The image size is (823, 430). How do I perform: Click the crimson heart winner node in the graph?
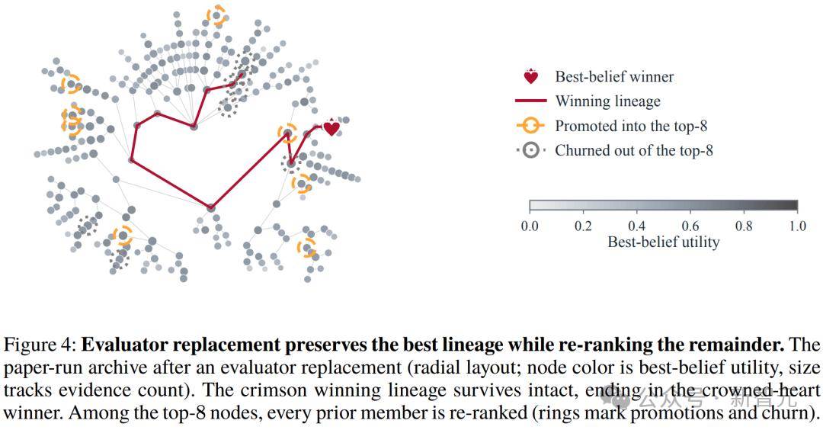[331, 128]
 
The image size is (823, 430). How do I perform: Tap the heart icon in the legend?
[531, 77]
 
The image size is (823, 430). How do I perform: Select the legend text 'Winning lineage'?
[608, 101]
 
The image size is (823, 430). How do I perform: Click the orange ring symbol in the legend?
[530, 126]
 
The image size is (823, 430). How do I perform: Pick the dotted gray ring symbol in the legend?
[531, 151]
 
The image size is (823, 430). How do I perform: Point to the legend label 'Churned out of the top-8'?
[634, 151]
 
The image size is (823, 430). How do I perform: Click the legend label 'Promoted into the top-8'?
[631, 126]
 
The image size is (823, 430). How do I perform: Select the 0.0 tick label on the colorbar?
[530, 226]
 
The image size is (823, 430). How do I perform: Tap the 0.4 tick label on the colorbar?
[636, 226]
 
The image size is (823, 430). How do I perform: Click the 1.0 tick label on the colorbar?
[797, 226]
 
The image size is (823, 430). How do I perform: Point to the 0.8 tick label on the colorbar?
[744, 226]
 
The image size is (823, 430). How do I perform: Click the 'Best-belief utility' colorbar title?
[664, 242]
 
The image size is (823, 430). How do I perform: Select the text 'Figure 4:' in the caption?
[40, 345]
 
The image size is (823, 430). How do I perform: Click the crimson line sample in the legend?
[531, 101]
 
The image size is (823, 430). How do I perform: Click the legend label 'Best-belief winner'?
[615, 77]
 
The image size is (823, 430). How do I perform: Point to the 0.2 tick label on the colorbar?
[583, 226]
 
